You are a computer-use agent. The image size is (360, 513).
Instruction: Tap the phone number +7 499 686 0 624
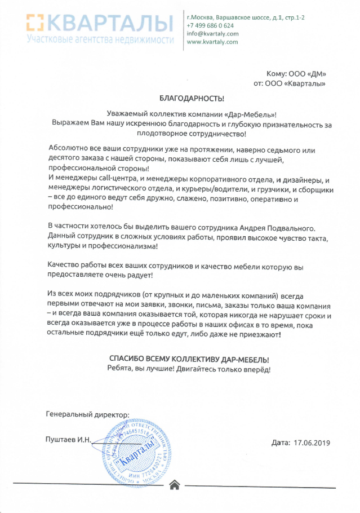tap(210, 25)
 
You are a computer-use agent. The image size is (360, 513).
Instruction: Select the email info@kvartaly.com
tap(212, 33)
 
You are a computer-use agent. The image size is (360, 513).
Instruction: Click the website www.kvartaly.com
tap(212, 41)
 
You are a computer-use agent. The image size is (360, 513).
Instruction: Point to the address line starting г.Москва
tap(246, 17)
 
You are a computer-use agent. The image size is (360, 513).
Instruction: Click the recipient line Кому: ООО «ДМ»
tap(296, 74)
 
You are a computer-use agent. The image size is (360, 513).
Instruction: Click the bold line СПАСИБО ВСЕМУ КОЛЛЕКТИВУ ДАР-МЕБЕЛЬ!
tap(188, 359)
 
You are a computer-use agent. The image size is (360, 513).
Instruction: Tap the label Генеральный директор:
tap(87, 415)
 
